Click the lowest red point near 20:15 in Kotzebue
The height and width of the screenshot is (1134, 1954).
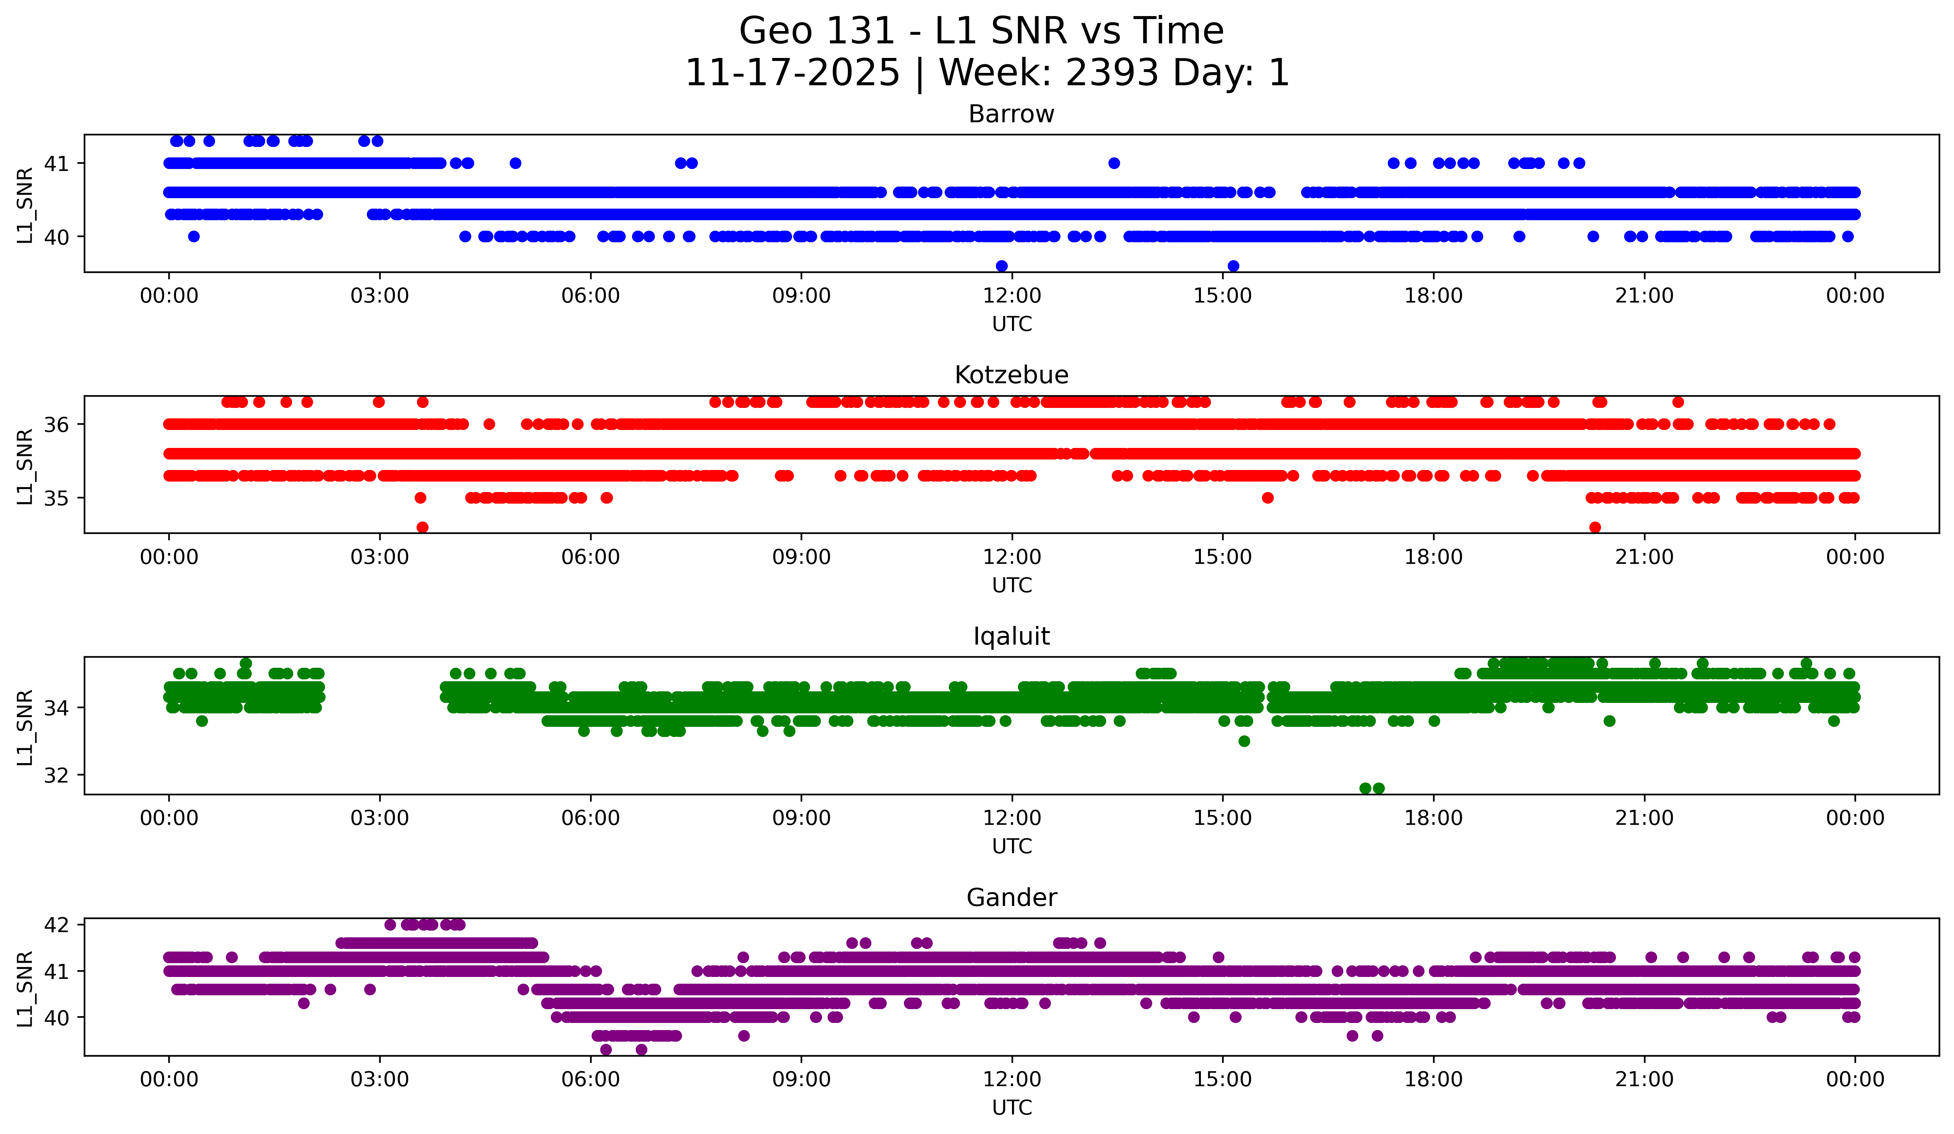pos(1595,527)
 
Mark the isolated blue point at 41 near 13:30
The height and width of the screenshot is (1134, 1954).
pos(1114,163)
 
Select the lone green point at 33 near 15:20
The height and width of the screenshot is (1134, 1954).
pos(1245,741)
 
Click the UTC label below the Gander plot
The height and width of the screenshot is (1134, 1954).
pos(1011,1108)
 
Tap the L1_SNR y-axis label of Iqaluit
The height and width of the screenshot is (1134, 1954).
pos(25,727)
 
